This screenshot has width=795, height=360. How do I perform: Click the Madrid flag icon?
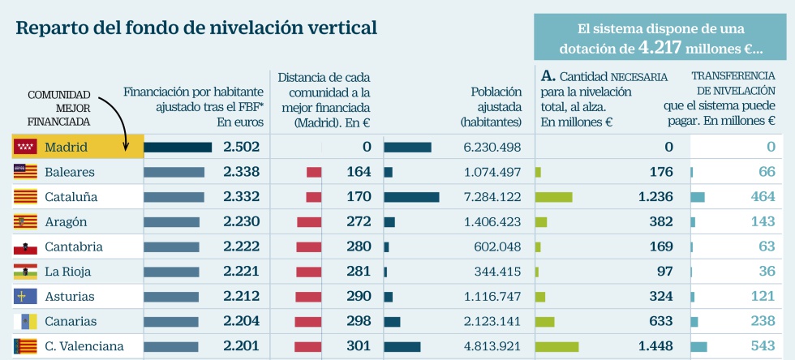click(x=25, y=147)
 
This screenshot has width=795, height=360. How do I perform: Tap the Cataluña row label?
click(x=71, y=197)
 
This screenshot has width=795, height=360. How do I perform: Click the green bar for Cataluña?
click(x=554, y=197)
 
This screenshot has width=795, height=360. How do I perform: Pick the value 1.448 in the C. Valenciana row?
click(x=656, y=347)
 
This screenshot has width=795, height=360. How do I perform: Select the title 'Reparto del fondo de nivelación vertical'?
click(x=196, y=28)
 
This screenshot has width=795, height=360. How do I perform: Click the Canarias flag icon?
click(x=25, y=322)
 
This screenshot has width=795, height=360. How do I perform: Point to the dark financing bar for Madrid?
click(x=178, y=147)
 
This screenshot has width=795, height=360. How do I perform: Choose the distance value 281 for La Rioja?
click(x=358, y=272)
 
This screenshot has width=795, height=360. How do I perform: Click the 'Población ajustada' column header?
click(x=491, y=107)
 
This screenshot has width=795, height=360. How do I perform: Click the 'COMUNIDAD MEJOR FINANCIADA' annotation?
click(x=58, y=108)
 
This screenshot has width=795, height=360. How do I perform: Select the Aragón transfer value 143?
click(x=762, y=222)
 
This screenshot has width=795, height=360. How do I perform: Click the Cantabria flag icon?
click(x=25, y=247)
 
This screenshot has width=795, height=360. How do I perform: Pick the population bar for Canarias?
click(x=392, y=322)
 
